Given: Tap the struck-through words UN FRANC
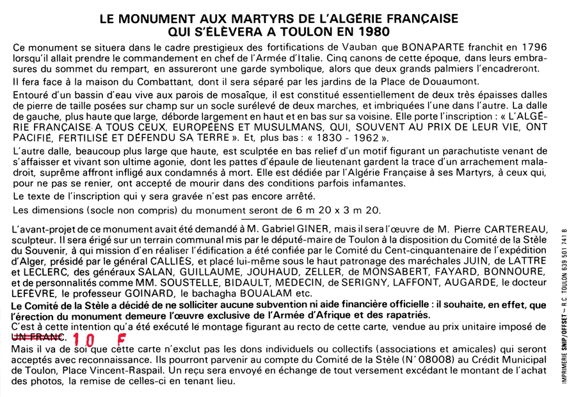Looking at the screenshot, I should tap(38, 337).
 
